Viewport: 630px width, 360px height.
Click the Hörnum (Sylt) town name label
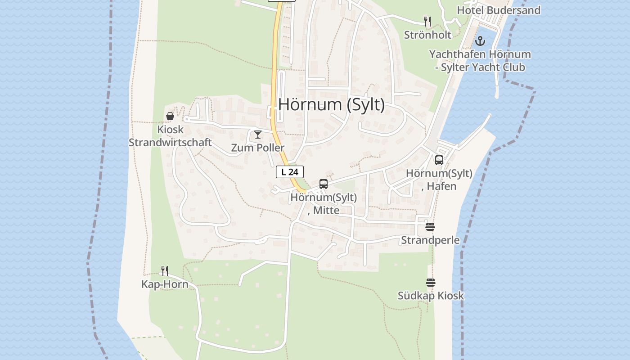tap(332, 104)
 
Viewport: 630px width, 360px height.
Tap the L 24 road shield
tap(290, 171)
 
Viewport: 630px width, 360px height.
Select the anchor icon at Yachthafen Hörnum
tap(481, 41)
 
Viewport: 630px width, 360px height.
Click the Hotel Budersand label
tap(499, 10)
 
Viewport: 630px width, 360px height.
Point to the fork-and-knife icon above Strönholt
tap(427, 21)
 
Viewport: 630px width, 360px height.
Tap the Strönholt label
tap(427, 35)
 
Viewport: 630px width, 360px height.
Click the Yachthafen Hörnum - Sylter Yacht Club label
tap(480, 61)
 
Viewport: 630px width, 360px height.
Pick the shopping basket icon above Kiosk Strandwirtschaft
tap(170, 116)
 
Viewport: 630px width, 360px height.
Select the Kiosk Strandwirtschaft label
tap(170, 136)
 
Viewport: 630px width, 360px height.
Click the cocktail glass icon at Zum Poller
tap(258, 135)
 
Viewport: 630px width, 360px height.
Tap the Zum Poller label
tap(258, 148)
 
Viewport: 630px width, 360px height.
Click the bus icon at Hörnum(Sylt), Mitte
tap(324, 184)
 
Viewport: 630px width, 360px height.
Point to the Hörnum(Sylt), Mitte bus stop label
tap(324, 203)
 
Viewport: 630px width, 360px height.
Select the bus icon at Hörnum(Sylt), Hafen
tap(439, 160)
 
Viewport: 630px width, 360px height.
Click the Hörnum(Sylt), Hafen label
tap(439, 180)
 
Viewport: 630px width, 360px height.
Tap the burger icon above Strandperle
tap(430, 227)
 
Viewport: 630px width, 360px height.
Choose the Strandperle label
tap(430, 240)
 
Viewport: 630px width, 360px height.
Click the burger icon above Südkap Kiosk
tap(431, 283)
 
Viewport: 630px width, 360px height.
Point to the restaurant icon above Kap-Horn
tap(165, 270)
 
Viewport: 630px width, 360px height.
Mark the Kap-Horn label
tap(165, 284)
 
